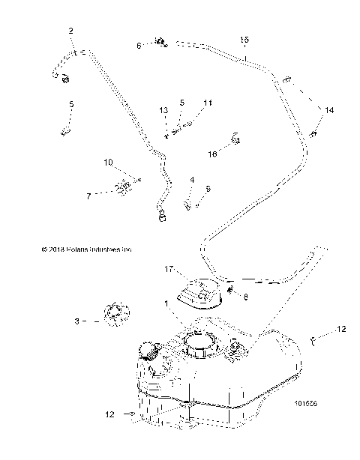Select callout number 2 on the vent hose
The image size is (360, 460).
[x=70, y=31]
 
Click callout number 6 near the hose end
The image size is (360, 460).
[x=139, y=46]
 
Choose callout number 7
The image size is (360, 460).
[x=88, y=196]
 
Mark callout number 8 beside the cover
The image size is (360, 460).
[x=245, y=297]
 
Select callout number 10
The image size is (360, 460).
[x=108, y=162]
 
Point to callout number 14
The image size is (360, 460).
[x=328, y=109]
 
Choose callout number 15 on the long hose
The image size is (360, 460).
[x=244, y=38]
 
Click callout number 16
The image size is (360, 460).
[x=212, y=153]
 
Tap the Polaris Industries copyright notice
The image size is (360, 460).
[x=76, y=249]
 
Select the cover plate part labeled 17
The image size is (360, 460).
[x=199, y=294]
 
